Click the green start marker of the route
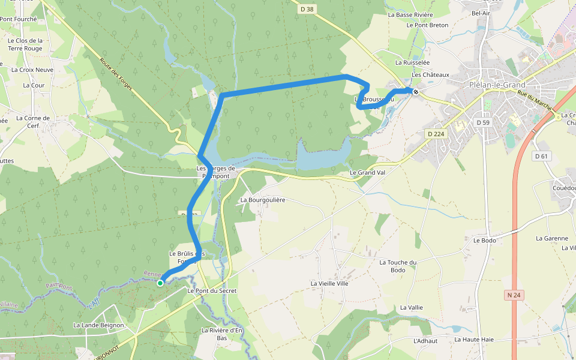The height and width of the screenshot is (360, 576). click(160, 283)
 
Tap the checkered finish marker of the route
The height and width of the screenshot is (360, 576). click(415, 92)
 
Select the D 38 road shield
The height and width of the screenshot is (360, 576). click(306, 9)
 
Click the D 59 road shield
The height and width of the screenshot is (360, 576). click(483, 122)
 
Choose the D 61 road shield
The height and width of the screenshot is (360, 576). click(541, 156)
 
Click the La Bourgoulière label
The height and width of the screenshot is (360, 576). click(263, 200)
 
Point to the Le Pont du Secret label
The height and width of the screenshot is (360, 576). click(212, 290)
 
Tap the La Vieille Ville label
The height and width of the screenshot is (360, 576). click(329, 283)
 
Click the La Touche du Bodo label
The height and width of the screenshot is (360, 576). click(398, 266)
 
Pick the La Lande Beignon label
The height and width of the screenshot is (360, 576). click(98, 325)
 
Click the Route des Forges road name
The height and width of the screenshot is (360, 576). click(116, 74)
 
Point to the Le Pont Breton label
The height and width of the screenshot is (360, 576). click(427, 25)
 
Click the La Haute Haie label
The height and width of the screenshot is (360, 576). click(473, 340)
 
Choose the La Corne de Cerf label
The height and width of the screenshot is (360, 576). click(33, 122)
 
